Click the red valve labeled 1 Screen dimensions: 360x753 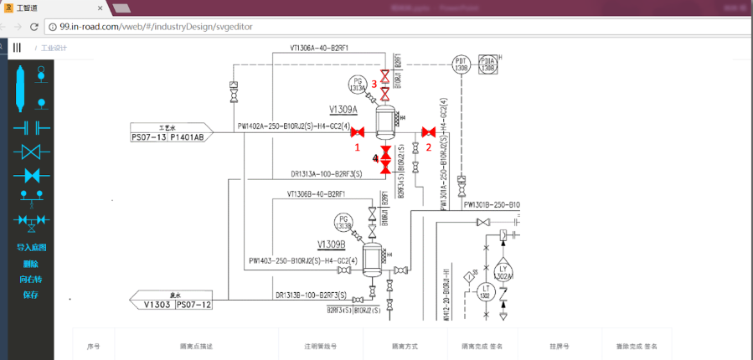click(358, 132)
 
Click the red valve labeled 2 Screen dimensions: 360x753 click(428, 132)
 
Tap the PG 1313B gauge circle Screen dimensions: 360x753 click(343, 223)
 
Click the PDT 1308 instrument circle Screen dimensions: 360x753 click(461, 64)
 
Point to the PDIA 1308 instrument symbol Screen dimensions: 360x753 click(488, 64)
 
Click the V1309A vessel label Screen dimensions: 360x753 click(343, 110)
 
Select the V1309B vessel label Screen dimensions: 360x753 click(332, 244)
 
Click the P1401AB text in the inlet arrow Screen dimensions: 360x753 click(187, 137)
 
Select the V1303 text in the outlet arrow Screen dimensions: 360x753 click(157, 305)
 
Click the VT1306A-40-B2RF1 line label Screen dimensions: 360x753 click(319, 48)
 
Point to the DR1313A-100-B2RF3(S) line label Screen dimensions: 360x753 click(326, 174)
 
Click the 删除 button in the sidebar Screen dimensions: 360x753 click(31, 264)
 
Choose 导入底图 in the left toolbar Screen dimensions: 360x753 click(31, 248)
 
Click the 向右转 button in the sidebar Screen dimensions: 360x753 click(31, 279)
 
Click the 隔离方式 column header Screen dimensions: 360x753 click(405, 346)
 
